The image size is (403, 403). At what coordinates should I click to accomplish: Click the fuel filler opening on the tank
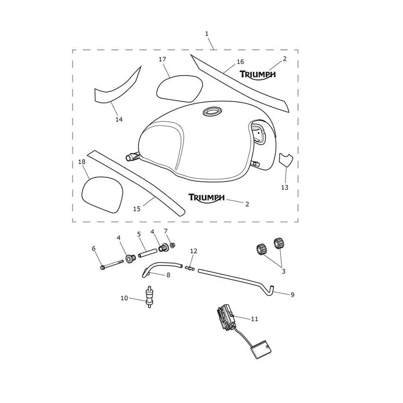[212, 111]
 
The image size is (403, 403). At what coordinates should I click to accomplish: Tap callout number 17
[162, 59]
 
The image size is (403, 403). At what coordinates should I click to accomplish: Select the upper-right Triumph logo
[258, 75]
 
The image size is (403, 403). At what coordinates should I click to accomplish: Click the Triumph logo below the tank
[207, 197]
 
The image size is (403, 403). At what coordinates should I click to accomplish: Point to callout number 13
[285, 187]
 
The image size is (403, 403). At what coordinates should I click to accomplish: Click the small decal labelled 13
[286, 159]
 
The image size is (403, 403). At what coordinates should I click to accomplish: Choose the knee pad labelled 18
[102, 194]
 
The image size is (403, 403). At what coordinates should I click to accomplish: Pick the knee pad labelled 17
[179, 89]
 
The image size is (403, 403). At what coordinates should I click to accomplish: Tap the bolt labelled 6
[112, 265]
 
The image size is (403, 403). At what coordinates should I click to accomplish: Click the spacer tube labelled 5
[147, 253]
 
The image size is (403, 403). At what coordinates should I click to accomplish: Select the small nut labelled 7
[173, 245]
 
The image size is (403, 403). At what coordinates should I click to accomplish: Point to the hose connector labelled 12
[190, 268]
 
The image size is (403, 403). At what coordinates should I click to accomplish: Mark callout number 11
[254, 319]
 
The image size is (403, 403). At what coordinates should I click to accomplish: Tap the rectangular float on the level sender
[261, 350]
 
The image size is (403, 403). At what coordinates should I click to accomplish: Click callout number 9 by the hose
[292, 295]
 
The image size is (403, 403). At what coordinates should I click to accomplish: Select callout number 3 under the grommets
[284, 271]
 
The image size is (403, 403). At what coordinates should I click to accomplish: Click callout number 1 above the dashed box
[207, 34]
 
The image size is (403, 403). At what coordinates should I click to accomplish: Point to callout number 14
[119, 119]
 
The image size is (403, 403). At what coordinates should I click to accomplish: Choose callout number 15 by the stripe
[137, 209]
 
